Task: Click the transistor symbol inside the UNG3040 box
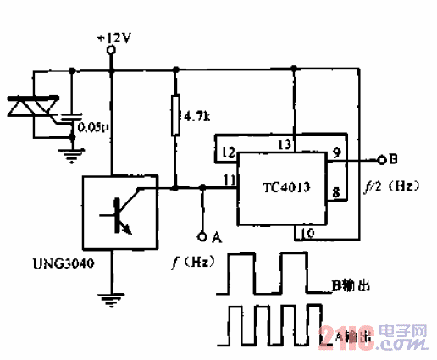pos(118,214)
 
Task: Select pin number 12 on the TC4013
pos(227,152)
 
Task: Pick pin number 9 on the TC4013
pos(336,153)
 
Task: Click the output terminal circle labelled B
pos(380,158)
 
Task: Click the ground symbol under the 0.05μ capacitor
pos(70,152)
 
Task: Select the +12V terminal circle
pos(111,52)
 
